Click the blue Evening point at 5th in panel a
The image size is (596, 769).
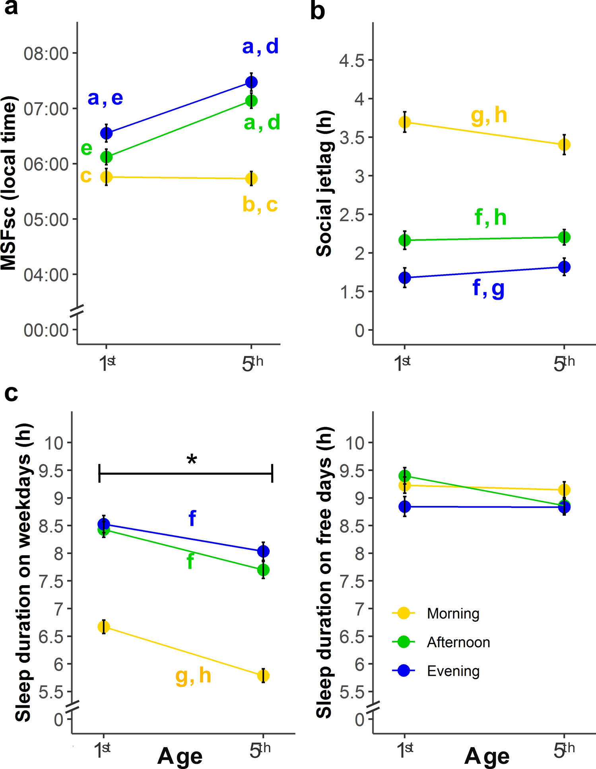point(251,82)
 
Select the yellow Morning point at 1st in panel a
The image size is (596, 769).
point(106,177)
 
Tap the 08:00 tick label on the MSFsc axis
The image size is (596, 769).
point(46,54)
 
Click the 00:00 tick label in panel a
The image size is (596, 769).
point(46,330)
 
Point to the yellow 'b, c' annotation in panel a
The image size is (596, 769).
point(260,205)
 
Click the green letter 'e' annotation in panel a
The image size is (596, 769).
point(87,149)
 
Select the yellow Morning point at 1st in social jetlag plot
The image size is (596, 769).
point(404,122)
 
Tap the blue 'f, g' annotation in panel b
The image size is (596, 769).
point(488,288)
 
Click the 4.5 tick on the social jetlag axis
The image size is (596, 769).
point(351,61)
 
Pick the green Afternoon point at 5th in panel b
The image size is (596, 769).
point(564,238)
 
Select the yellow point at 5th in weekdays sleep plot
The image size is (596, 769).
point(263,675)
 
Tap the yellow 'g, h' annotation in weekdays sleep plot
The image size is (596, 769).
point(193,676)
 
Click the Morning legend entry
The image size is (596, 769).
point(452,613)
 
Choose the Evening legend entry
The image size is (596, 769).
point(452,671)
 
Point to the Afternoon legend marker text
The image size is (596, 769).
point(458,642)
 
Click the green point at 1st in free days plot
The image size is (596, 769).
point(405,476)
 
